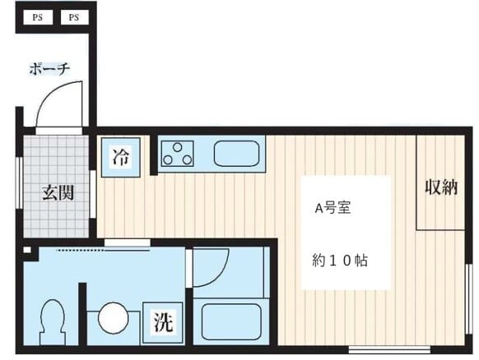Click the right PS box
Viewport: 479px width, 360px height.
point(73,17)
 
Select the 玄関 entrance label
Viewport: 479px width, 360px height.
point(58,193)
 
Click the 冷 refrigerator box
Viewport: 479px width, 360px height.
point(121,155)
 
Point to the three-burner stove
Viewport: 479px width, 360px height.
point(177,153)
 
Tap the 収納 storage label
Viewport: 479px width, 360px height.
point(440,187)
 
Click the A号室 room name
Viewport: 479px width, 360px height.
point(333,208)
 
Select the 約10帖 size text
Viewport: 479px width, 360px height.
point(339,261)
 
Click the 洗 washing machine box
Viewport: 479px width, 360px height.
point(162,322)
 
